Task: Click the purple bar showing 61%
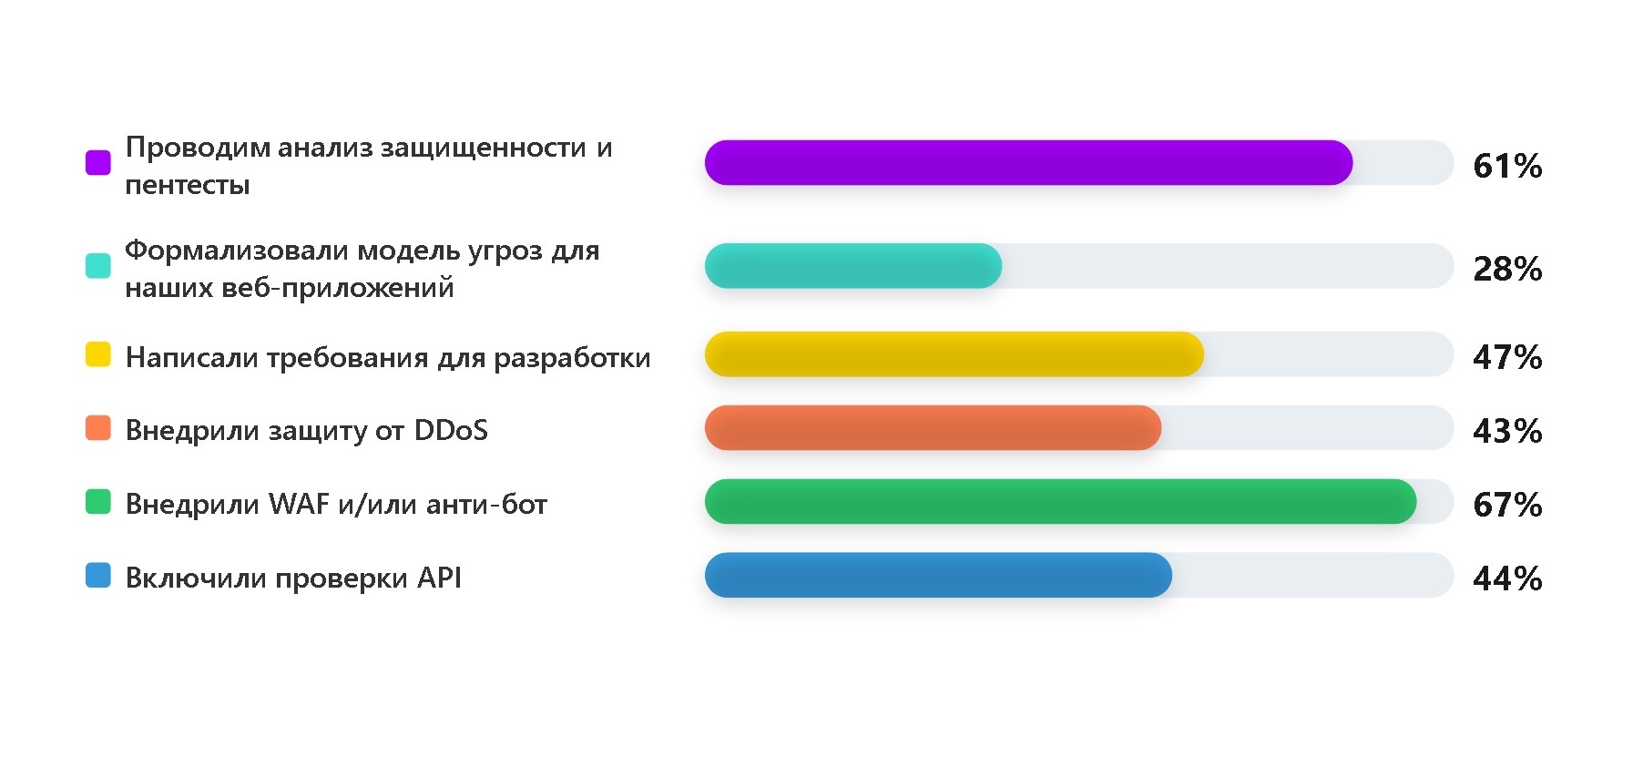pos(1028,163)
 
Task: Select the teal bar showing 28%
pos(853,266)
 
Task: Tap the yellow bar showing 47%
pos(954,354)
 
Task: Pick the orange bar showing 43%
pos(933,428)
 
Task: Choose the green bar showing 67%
pos(1060,502)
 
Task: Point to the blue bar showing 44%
pos(938,576)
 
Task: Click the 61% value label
pos(1507,166)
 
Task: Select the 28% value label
pos(1507,269)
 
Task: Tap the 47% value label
pos(1507,357)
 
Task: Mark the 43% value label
pos(1507,431)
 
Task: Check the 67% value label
pos(1507,505)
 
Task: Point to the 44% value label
pos(1507,579)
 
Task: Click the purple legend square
pos(98,162)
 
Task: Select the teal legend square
pos(98,265)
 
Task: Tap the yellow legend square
pos(98,353)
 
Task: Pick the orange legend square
pos(98,427)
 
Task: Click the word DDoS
pos(451,430)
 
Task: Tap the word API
pos(439,578)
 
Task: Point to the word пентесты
pos(188,186)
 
